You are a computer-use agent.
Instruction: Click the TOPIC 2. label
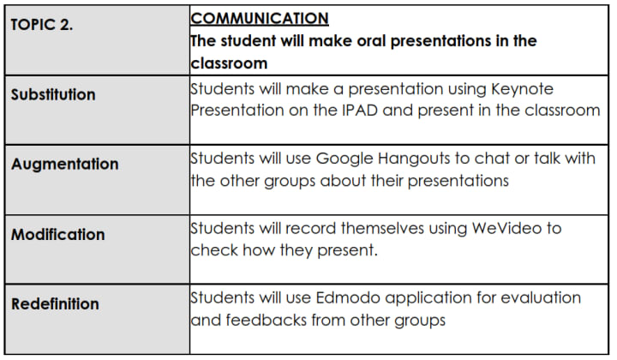pyautogui.click(x=42, y=25)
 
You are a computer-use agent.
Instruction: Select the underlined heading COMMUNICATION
pyautogui.click(x=259, y=18)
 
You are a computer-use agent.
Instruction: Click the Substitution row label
pyautogui.click(x=53, y=94)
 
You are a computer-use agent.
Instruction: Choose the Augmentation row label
pyautogui.click(x=65, y=164)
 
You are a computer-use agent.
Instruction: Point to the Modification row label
pyautogui.click(x=58, y=234)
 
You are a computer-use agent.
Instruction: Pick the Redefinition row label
pyautogui.click(x=55, y=303)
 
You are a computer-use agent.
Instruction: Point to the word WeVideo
pyautogui.click(x=505, y=228)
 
